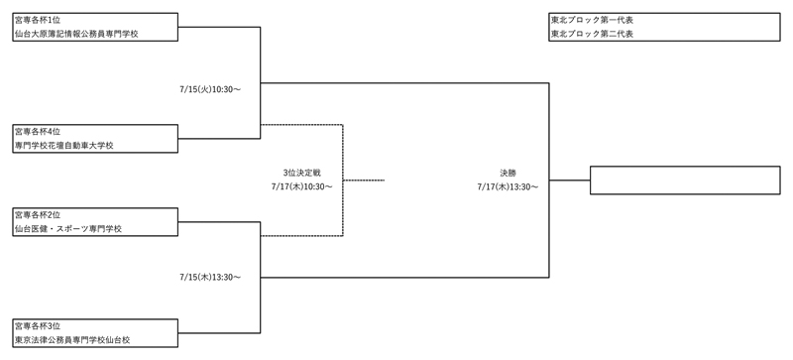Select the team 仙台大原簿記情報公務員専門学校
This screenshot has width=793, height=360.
[x=76, y=34]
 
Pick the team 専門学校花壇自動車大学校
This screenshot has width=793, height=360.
[x=64, y=146]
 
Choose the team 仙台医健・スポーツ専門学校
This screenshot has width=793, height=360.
[x=68, y=229]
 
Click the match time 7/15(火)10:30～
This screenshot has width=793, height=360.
[x=210, y=89]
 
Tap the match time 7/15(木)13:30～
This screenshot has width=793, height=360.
[x=210, y=277]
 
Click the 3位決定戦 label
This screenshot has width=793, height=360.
[x=301, y=172]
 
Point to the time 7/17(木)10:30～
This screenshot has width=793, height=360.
[x=301, y=185]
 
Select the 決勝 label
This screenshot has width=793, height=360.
[x=507, y=172]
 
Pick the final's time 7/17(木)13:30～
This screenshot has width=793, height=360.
[x=507, y=185]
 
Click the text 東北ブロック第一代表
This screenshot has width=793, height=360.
[x=592, y=20]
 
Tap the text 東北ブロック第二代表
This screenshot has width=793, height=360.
[x=592, y=34]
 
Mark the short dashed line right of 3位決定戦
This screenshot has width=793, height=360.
[x=363, y=180]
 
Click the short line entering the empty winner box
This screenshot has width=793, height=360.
[x=569, y=180]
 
